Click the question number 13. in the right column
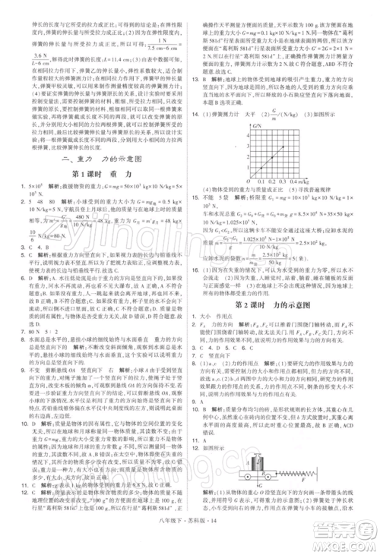coord(195,79)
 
